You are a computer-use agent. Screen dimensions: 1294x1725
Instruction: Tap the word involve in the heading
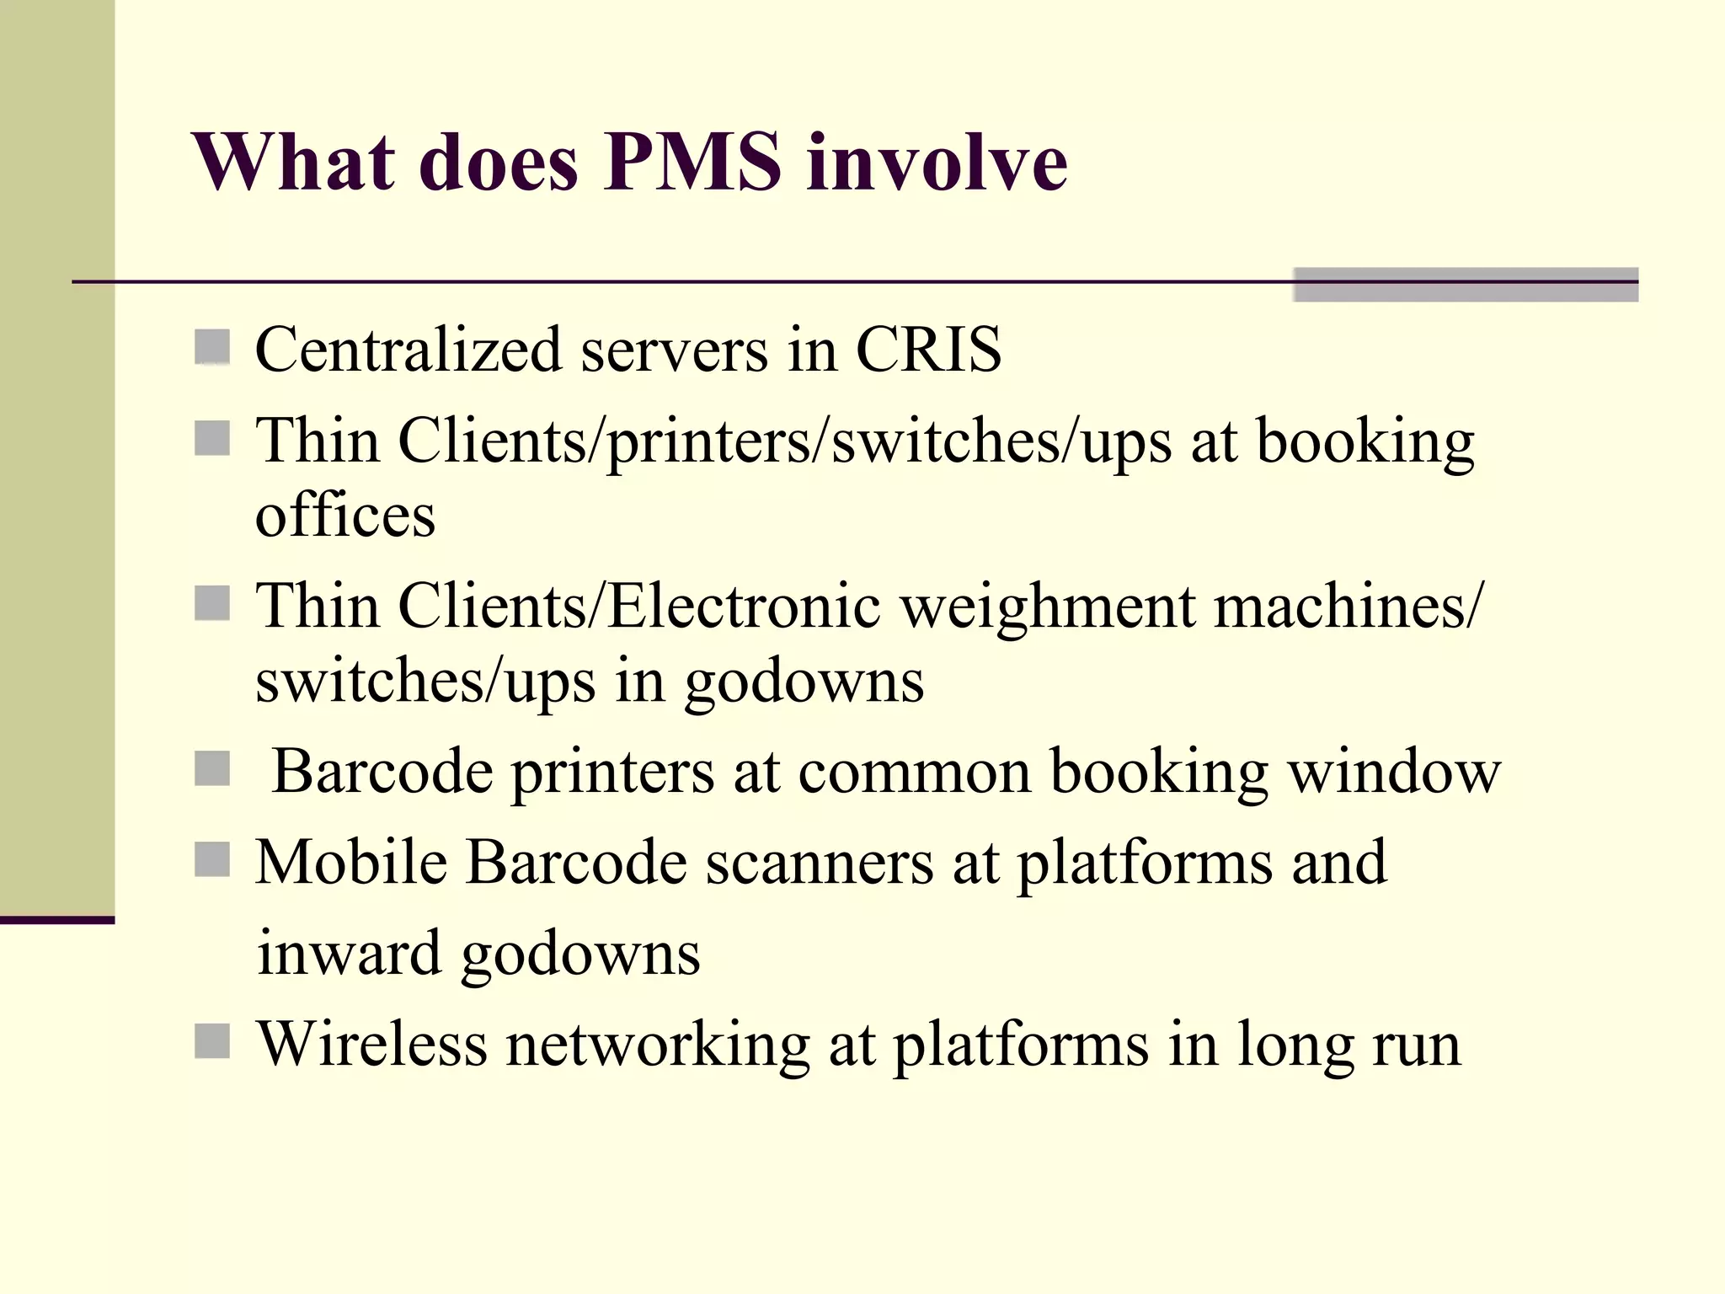937,162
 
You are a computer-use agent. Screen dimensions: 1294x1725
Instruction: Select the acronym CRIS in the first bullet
928,349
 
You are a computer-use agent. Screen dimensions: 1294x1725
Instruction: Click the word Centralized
408,349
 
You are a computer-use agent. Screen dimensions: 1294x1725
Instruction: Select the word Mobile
351,862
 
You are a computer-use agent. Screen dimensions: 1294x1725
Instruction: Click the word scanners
820,864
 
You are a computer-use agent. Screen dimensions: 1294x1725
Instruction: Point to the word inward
349,953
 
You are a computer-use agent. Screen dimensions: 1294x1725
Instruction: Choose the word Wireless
371,1044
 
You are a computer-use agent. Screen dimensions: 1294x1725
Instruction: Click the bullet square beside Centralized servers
212,347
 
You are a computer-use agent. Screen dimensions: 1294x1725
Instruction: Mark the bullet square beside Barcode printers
212,768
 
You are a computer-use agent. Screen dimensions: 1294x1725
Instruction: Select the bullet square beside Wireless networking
212,1041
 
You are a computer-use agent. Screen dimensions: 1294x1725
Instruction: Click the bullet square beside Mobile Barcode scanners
212,860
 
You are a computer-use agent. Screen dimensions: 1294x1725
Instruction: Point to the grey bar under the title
1465,285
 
